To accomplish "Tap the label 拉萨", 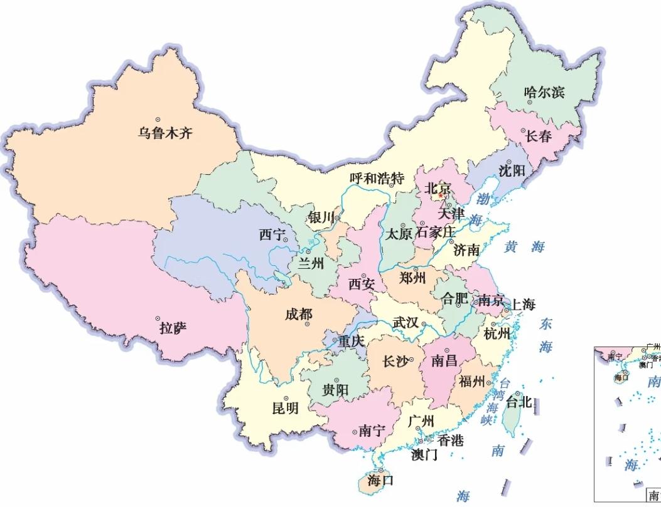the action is point(173,327).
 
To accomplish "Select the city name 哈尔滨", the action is point(544,93).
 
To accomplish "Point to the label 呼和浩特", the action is point(377,178).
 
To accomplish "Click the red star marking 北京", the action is point(441,196).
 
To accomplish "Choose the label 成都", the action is point(298,314).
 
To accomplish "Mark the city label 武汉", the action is point(405,323).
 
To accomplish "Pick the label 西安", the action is point(362,284).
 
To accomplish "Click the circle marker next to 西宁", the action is point(285,239).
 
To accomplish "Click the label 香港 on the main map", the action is point(450,441).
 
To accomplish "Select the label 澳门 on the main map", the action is point(424,455).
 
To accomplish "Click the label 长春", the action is point(537,135).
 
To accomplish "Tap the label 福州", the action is point(471,381).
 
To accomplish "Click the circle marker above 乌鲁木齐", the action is point(158,119).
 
